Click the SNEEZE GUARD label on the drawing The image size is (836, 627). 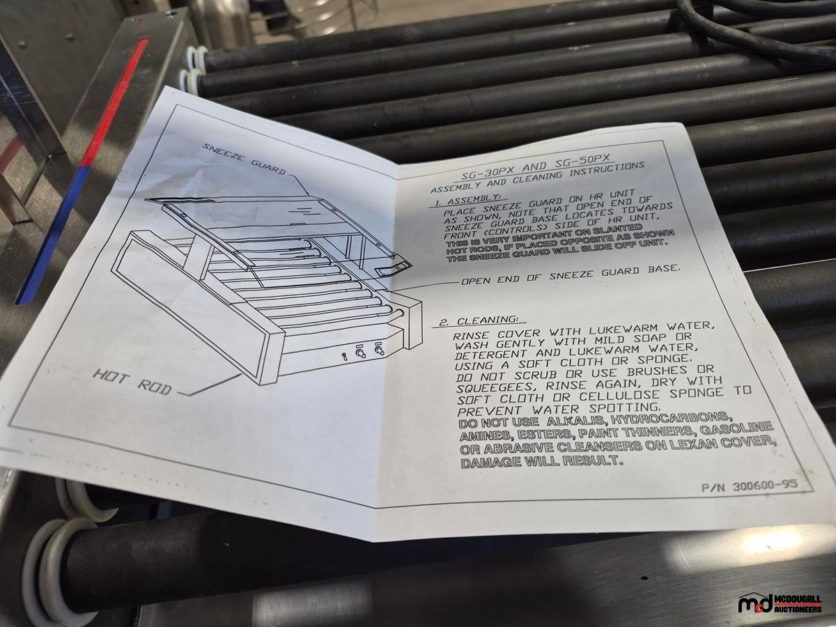(x=243, y=159)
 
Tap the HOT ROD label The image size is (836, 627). (x=132, y=382)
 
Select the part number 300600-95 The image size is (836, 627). (x=750, y=486)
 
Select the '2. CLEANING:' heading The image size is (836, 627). (x=479, y=321)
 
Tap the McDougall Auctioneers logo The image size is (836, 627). (x=780, y=603)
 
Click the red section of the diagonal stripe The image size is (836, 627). (x=115, y=101)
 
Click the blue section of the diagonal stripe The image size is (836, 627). (x=52, y=234)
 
